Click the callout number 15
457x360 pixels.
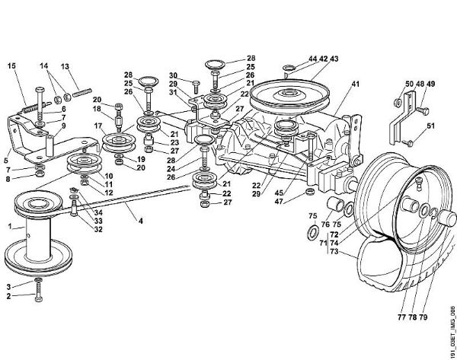11,66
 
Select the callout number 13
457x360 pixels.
65,66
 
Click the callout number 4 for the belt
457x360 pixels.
139,221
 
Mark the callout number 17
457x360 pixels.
98,126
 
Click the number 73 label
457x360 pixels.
334,252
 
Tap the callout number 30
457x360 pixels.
174,75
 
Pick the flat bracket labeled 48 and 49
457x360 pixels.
411,118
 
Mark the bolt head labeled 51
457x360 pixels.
409,142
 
